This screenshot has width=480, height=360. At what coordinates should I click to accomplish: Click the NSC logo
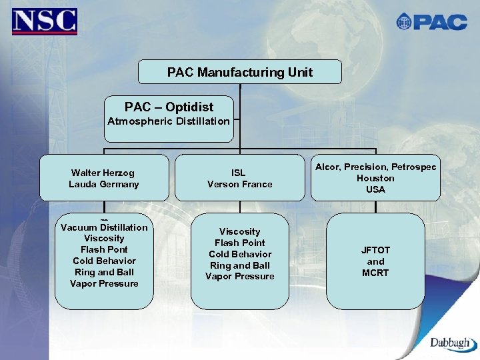point(44,21)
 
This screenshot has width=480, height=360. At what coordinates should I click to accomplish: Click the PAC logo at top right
point(431,21)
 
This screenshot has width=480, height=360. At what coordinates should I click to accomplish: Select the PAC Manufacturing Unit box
point(239,72)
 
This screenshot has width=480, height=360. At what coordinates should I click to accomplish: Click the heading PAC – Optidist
point(169,107)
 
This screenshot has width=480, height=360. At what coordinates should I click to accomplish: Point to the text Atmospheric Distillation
point(169,121)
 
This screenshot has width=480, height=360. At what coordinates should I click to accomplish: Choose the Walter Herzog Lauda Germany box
point(104,178)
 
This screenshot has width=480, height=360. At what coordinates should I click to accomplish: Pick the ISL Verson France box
point(239,178)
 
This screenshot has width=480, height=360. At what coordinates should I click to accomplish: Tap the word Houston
point(375,178)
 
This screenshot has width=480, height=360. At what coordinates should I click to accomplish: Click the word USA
point(375,189)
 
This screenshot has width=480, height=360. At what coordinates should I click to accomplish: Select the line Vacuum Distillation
point(104,227)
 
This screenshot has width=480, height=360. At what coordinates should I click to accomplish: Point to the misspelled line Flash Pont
point(104,249)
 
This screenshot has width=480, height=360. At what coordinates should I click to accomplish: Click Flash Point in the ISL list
point(239,243)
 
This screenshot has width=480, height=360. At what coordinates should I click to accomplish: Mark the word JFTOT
point(375,250)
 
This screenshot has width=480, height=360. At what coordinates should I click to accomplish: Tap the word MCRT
point(375,273)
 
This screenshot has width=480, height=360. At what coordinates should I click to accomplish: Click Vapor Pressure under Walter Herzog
point(104,283)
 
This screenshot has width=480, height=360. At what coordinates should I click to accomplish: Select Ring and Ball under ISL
point(239,265)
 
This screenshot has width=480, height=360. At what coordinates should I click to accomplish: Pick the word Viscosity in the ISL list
point(239,231)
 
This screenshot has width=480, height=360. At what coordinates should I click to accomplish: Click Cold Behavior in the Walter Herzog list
point(104,261)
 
